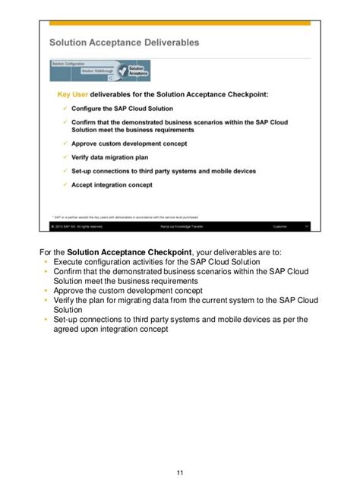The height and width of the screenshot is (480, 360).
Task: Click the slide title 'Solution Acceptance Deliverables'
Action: click(x=125, y=43)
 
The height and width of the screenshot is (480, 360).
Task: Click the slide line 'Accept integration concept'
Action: click(x=111, y=184)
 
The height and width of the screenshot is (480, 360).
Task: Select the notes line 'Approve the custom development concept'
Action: click(x=133, y=290)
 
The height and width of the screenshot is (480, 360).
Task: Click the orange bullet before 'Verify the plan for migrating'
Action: click(x=46, y=300)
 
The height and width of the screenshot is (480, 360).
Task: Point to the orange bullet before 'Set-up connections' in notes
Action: click(x=46, y=320)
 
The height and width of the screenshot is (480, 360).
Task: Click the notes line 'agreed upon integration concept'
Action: click(x=110, y=330)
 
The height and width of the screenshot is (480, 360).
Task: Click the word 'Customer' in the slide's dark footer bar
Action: click(x=281, y=226)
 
